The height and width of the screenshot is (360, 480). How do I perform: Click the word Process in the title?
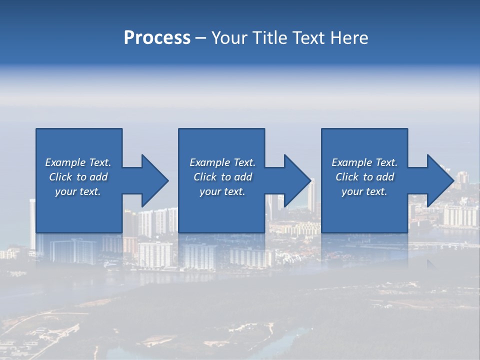(157, 38)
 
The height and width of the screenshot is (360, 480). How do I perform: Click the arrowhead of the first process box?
(154, 180)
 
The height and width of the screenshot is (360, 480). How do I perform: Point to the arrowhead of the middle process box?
(297, 180)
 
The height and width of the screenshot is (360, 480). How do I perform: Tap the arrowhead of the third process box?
(440, 180)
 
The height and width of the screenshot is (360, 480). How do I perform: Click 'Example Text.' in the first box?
(78, 162)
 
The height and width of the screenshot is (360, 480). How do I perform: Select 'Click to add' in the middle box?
(222, 177)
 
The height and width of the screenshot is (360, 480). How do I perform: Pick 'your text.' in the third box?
(364, 191)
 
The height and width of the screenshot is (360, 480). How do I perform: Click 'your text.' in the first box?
(78, 191)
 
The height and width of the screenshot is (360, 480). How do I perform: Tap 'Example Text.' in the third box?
(364, 162)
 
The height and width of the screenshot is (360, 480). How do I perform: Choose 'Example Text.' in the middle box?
(222, 162)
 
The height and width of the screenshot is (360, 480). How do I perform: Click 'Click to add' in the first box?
(78, 177)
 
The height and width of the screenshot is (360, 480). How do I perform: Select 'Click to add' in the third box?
(364, 177)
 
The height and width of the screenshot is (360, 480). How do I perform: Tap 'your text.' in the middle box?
(222, 191)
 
